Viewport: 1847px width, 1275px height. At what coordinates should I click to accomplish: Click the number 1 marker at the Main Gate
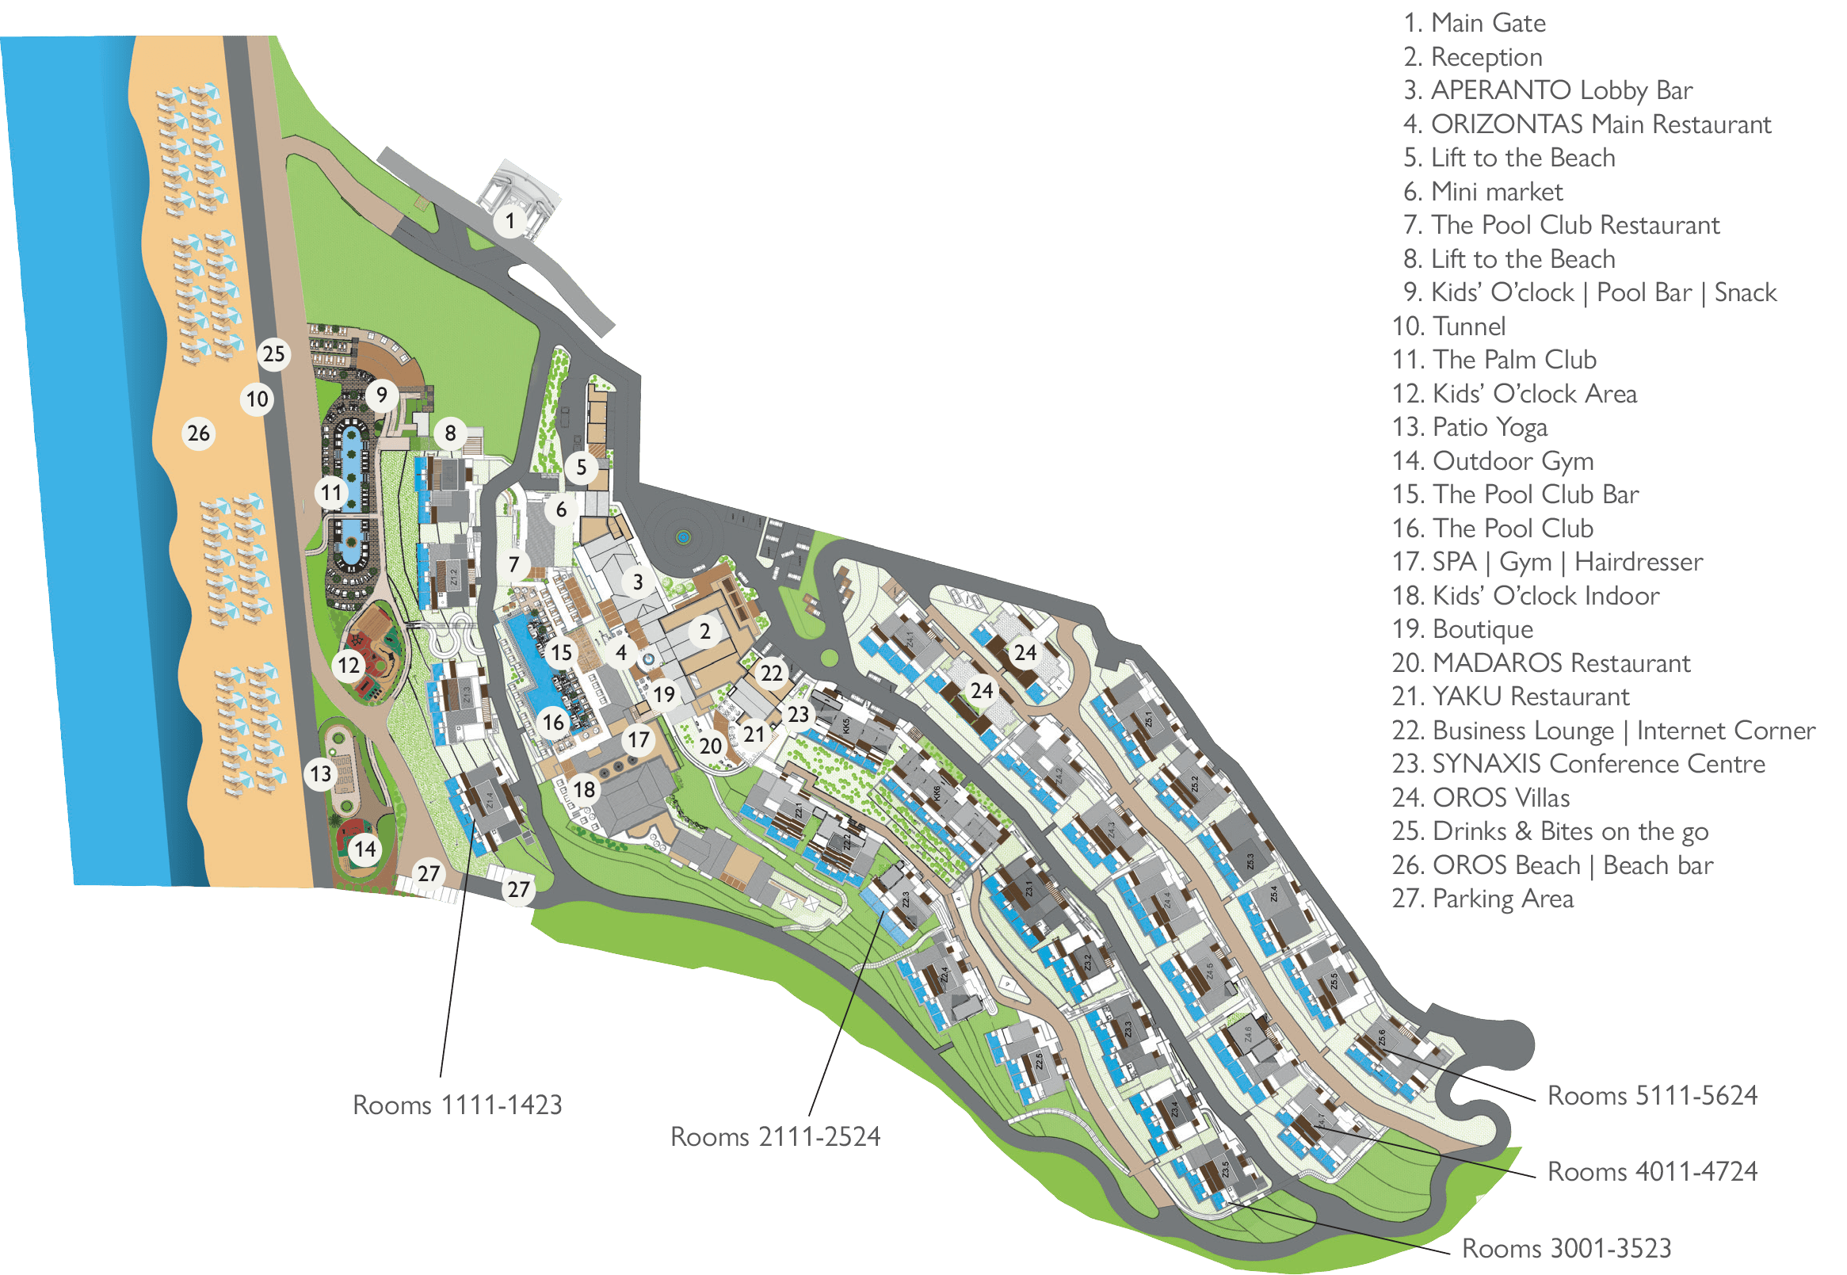[510, 220]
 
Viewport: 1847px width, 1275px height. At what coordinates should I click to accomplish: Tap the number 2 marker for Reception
[704, 632]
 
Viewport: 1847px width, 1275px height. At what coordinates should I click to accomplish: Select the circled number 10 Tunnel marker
[258, 399]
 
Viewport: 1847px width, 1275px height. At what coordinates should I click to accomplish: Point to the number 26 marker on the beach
[198, 433]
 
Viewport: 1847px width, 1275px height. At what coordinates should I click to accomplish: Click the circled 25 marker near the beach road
[273, 354]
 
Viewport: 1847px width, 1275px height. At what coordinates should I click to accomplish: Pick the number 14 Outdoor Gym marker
[365, 849]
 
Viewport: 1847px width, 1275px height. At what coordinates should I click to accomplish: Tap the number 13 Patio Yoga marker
[321, 773]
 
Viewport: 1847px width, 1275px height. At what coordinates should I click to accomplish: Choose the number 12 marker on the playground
[349, 665]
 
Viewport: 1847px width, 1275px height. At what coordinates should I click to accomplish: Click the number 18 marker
[584, 789]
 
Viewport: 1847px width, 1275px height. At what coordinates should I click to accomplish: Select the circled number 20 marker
[710, 746]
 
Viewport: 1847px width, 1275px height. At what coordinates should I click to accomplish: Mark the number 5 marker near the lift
[581, 468]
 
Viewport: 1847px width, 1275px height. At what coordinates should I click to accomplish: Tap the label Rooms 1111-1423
[457, 1105]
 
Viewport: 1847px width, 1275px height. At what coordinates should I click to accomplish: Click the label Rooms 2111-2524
[774, 1137]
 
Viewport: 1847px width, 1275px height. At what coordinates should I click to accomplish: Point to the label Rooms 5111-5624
[1652, 1095]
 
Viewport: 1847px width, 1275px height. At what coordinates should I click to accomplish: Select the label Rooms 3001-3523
[1567, 1248]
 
